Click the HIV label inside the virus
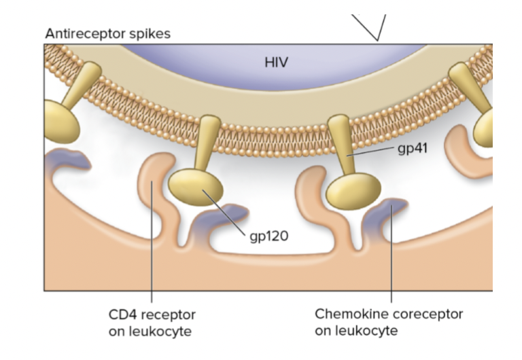coord(277,62)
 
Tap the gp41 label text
coord(413,147)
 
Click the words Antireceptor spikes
coord(108,33)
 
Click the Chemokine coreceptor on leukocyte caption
coord(388,323)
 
